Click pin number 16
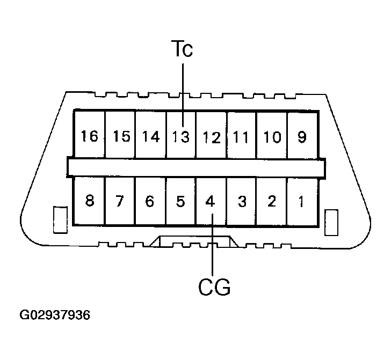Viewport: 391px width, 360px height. (90, 136)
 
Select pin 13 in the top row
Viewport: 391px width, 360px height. (181, 137)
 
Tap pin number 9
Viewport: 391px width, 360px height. (302, 137)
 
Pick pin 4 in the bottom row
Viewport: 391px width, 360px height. (211, 202)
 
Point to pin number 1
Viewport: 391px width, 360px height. (302, 202)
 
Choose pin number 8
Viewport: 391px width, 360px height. (90, 202)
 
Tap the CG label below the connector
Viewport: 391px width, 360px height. (214, 288)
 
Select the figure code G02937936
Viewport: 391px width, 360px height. (55, 315)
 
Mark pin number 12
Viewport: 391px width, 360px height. (212, 137)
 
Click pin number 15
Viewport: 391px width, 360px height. (121, 136)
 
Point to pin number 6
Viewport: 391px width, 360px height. (150, 202)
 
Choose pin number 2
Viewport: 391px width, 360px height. (272, 202)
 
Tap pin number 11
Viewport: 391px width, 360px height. (242, 137)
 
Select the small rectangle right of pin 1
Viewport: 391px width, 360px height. (332, 221)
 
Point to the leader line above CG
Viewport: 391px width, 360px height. (213, 252)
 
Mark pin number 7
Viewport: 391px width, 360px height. (119, 202)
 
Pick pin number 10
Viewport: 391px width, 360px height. (272, 137)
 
